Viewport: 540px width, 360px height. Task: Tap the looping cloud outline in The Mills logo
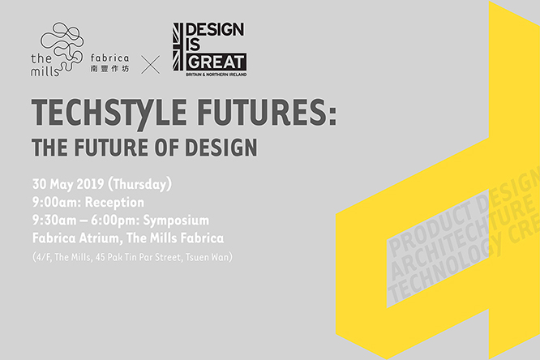coord(66,41)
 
